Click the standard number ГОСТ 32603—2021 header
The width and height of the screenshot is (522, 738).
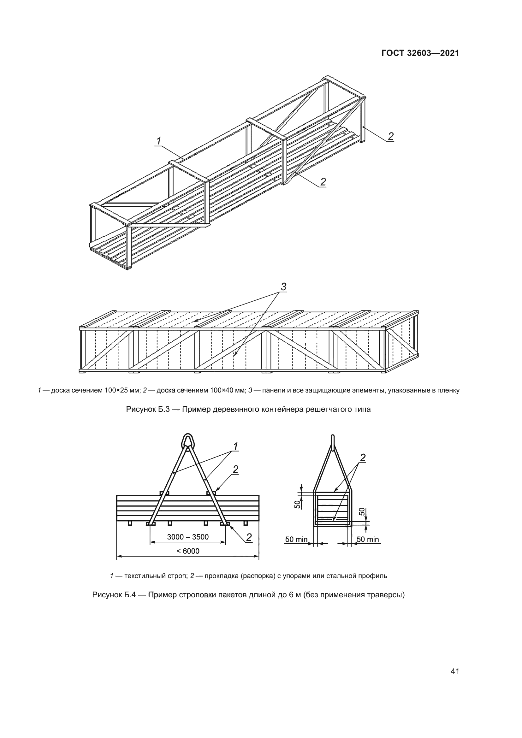(x=420, y=53)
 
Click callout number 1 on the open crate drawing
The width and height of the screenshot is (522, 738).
(x=159, y=141)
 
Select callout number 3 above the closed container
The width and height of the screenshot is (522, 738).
(x=283, y=287)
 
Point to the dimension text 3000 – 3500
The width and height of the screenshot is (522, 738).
(x=188, y=537)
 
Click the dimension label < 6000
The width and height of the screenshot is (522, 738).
(x=188, y=551)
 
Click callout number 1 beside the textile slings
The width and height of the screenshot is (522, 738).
(x=235, y=446)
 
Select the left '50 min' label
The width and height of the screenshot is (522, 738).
(x=296, y=539)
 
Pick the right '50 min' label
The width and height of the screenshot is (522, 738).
(x=368, y=539)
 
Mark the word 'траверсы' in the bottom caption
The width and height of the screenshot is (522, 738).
(x=388, y=595)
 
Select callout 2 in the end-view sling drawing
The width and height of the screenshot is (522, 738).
(x=363, y=458)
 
